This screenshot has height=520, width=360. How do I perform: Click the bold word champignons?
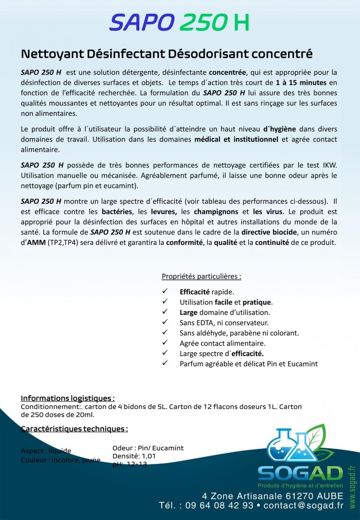216,211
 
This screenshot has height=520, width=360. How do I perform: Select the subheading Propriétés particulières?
201,276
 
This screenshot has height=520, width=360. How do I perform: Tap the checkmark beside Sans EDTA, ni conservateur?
165,322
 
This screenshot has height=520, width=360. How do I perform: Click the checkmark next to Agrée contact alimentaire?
165,343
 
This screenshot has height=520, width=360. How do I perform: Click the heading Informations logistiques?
68,398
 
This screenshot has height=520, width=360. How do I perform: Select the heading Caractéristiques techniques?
74,429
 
